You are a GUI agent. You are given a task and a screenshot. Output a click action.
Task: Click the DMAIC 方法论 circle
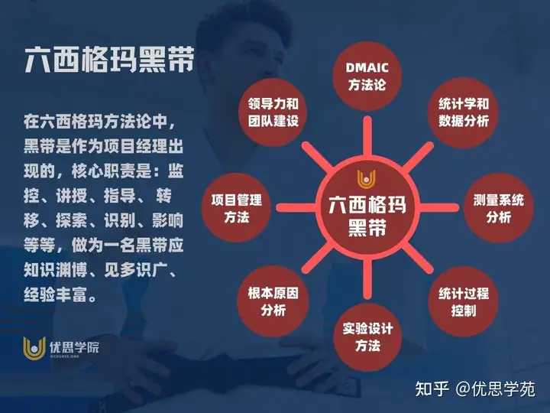point(367,76)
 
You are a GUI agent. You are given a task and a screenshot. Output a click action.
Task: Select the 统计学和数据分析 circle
point(464,112)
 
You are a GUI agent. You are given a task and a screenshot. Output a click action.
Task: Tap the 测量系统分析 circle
point(498,208)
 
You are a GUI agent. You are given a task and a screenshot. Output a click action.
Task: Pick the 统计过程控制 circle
point(464,301)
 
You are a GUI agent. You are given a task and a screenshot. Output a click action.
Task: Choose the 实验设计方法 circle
point(367,337)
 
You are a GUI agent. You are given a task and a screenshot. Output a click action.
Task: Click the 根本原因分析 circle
point(273,301)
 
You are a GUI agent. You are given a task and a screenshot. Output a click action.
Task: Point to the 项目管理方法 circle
point(236,208)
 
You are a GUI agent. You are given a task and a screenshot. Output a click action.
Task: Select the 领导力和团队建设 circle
point(273,112)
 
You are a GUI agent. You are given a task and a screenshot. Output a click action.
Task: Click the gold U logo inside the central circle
point(367,179)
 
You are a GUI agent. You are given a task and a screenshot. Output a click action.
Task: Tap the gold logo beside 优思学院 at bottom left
point(34,348)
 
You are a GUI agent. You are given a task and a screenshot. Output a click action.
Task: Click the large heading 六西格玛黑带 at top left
point(109,60)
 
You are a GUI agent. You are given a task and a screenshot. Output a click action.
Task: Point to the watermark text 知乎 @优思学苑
point(475,389)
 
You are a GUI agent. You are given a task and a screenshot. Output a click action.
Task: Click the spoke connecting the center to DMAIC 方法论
point(367,136)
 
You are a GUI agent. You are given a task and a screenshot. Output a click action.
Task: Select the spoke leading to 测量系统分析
point(438,208)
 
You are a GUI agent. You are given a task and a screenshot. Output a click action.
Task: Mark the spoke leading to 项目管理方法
point(296,208)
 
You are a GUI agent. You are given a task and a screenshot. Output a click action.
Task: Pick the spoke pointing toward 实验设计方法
point(367,279)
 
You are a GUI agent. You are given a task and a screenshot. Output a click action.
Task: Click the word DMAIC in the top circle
point(367,67)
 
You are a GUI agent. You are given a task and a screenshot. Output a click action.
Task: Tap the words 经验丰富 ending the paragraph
point(55,294)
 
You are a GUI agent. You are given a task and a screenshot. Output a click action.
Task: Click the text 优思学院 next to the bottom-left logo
point(74,347)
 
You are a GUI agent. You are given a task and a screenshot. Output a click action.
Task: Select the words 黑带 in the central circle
point(367,228)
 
